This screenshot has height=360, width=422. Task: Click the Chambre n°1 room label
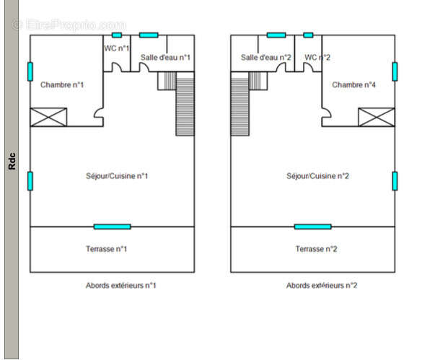(62, 85)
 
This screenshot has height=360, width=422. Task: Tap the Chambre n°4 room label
(353, 85)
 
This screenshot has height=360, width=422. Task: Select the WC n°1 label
(117, 48)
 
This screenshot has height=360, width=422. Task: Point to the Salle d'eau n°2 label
(266, 57)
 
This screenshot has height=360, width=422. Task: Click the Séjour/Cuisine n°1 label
(117, 176)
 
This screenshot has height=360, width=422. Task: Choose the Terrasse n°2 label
(316, 249)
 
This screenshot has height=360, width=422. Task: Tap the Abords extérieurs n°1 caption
(121, 285)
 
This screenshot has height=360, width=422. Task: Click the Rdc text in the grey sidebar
(12, 161)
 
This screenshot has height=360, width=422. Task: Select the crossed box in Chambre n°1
(48, 117)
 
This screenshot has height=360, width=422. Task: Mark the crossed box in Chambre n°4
(377, 117)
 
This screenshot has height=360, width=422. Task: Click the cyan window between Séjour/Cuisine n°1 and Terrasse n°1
(113, 227)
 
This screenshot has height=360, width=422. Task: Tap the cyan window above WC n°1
(117, 35)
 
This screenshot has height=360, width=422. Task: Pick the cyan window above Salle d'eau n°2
(276, 35)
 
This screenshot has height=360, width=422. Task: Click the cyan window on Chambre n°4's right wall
(395, 71)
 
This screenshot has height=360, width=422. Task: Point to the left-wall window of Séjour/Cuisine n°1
(30, 181)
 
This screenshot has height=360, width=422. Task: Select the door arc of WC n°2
(309, 67)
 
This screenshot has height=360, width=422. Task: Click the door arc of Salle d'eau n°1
(144, 67)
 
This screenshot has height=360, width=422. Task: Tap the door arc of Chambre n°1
(98, 113)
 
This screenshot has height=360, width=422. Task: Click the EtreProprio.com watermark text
(69, 25)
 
